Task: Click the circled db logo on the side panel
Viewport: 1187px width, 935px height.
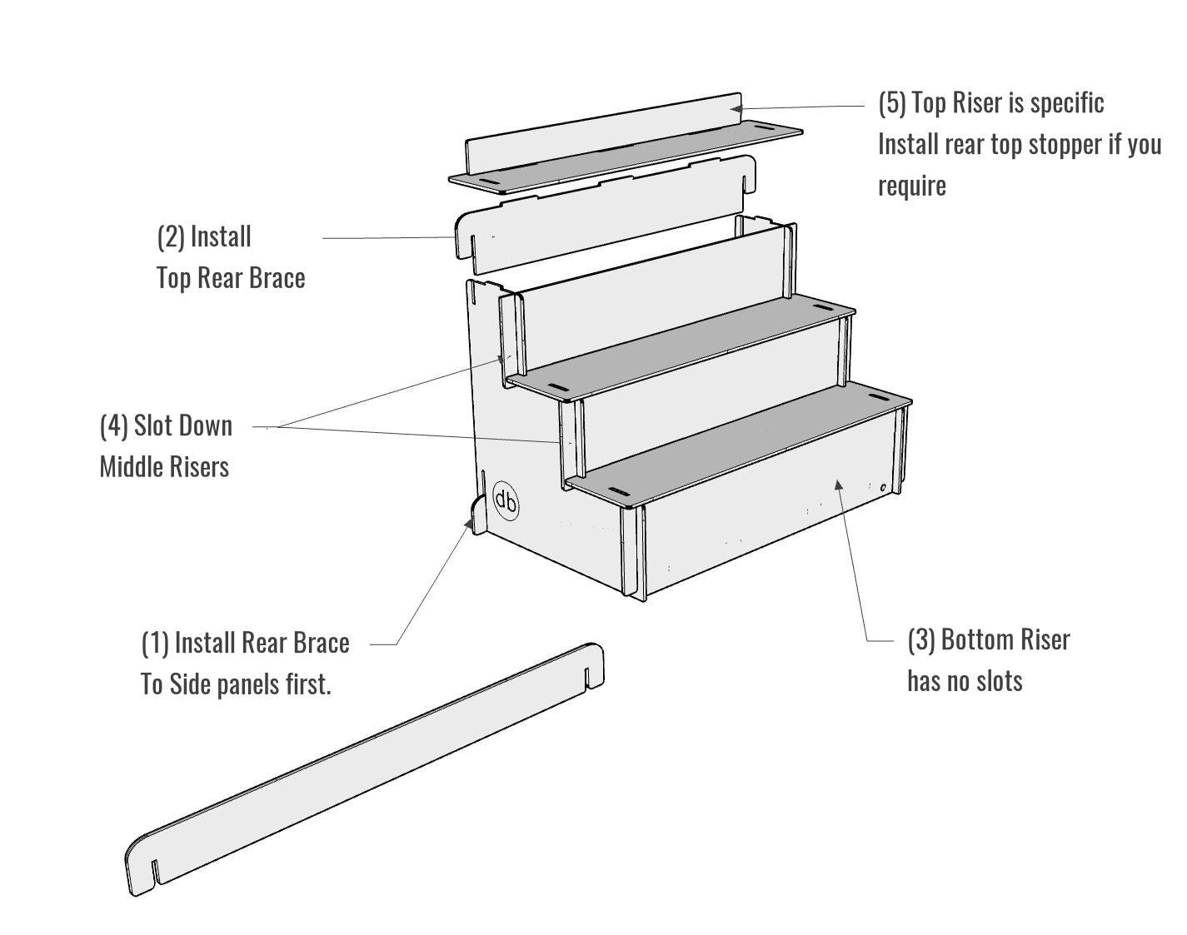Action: (x=506, y=500)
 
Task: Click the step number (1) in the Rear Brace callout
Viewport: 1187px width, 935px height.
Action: (x=155, y=643)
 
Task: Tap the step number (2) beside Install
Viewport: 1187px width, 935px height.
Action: (x=171, y=237)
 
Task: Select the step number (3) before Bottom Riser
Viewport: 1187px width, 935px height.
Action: (x=921, y=640)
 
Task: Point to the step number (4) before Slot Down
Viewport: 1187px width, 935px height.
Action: (x=113, y=426)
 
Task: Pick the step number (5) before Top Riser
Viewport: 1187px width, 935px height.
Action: (x=892, y=103)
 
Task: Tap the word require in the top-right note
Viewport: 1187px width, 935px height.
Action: (x=912, y=187)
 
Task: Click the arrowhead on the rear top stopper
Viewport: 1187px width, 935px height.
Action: (x=736, y=108)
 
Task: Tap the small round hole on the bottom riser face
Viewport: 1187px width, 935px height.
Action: (x=883, y=488)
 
